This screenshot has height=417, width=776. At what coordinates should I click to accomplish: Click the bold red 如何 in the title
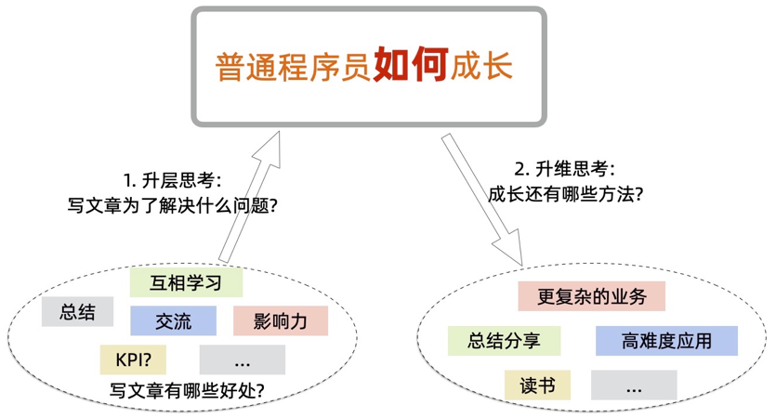coord(411,66)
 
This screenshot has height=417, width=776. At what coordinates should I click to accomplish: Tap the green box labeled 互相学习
coord(186,282)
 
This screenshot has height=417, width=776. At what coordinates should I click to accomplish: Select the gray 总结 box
coord(77,312)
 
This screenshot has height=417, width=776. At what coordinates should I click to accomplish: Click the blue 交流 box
coord(173,321)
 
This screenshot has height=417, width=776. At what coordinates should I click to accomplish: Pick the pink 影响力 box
coord(280,321)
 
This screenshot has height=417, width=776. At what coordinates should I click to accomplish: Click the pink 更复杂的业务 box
coord(591,296)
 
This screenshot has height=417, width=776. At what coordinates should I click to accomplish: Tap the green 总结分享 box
coord(504,341)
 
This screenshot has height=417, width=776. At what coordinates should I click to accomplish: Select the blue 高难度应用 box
coord(666,341)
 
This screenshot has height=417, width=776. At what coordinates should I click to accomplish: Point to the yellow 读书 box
coord(537,384)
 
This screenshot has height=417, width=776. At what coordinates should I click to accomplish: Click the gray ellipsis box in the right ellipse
coord(634,385)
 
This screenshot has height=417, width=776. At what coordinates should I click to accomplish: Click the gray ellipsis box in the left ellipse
coord(242,359)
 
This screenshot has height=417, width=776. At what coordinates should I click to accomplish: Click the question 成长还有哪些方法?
coord(566,195)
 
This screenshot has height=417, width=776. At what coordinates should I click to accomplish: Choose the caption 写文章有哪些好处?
coord(187,390)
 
